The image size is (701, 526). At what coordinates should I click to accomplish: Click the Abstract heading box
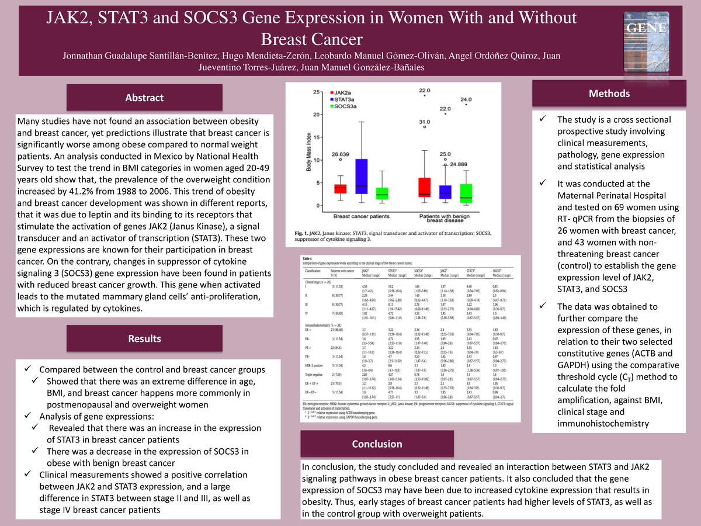144,98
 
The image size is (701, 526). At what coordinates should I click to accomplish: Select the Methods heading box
609,94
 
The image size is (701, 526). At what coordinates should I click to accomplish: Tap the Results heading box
144,338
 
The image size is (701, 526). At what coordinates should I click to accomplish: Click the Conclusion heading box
377,444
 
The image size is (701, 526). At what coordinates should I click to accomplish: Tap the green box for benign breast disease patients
466,192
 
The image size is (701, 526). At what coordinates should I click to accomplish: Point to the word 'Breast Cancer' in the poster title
311,39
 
